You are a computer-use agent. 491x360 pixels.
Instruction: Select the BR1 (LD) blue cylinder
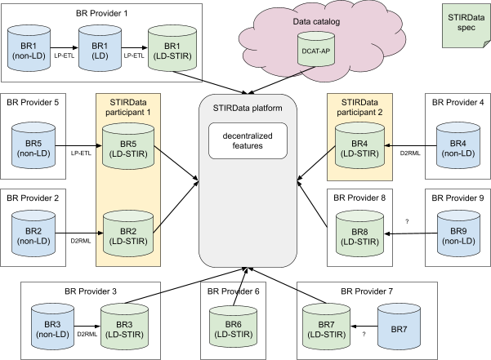100,50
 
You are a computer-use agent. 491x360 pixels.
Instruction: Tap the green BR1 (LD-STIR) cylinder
172,50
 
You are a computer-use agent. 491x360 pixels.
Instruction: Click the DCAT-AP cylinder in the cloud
316,48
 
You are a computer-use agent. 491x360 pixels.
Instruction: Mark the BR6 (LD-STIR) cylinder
234,323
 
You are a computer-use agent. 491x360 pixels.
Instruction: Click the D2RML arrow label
87,332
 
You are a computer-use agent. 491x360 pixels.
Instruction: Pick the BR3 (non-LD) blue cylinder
53,323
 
